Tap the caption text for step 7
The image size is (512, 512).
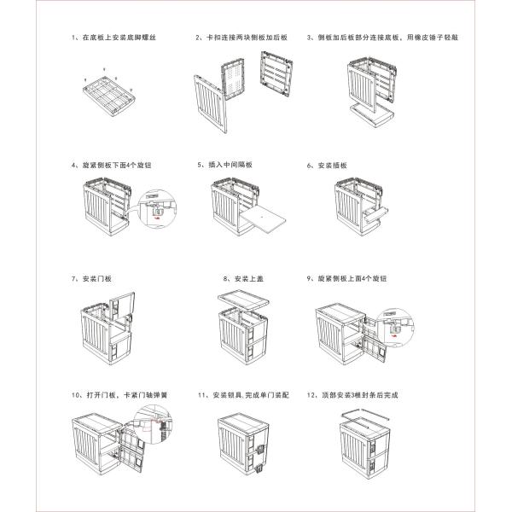coord(92,279)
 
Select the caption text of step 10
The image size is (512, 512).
coord(116,396)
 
